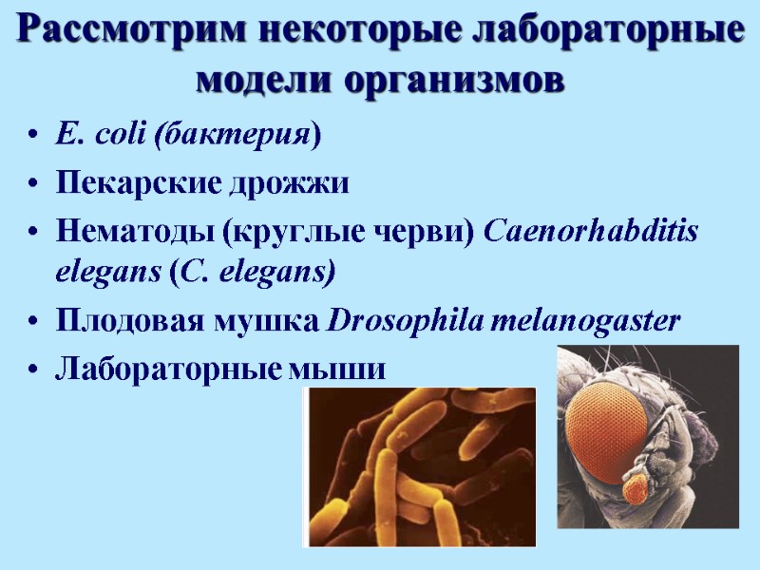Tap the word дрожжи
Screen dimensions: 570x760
pyautogui.click(x=287, y=182)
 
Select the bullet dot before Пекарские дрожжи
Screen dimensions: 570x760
pyautogui.click(x=35, y=183)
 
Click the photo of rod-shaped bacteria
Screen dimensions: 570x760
pyautogui.click(x=419, y=466)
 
